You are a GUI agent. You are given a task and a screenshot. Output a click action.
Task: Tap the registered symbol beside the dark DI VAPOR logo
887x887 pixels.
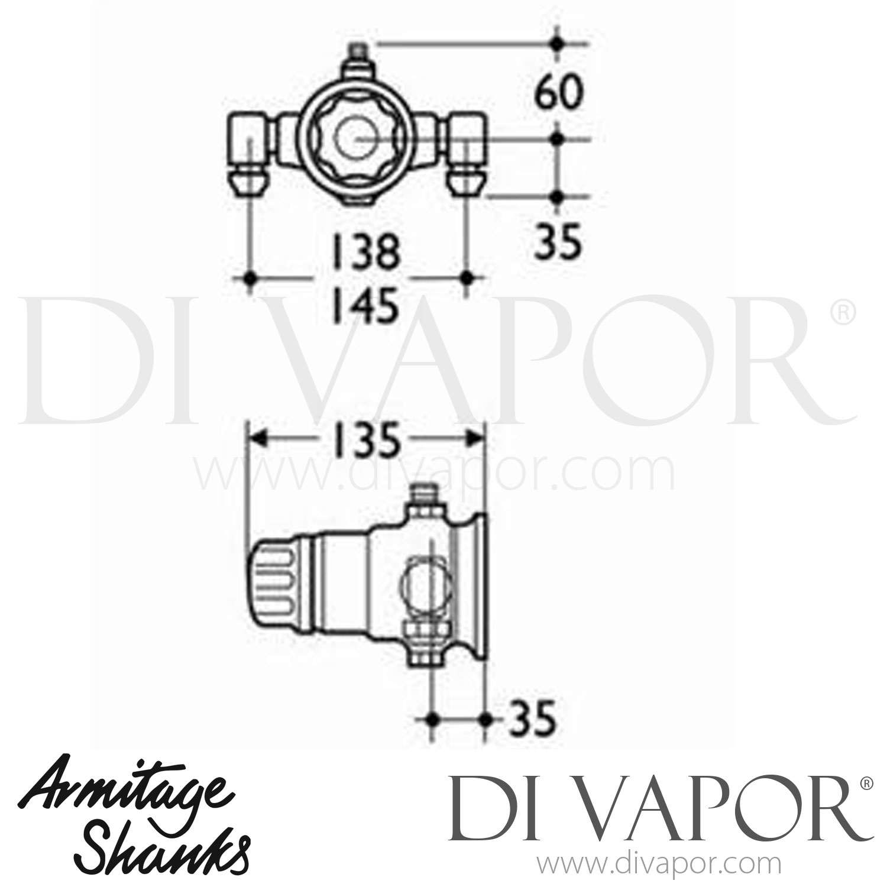[x=865, y=784]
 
